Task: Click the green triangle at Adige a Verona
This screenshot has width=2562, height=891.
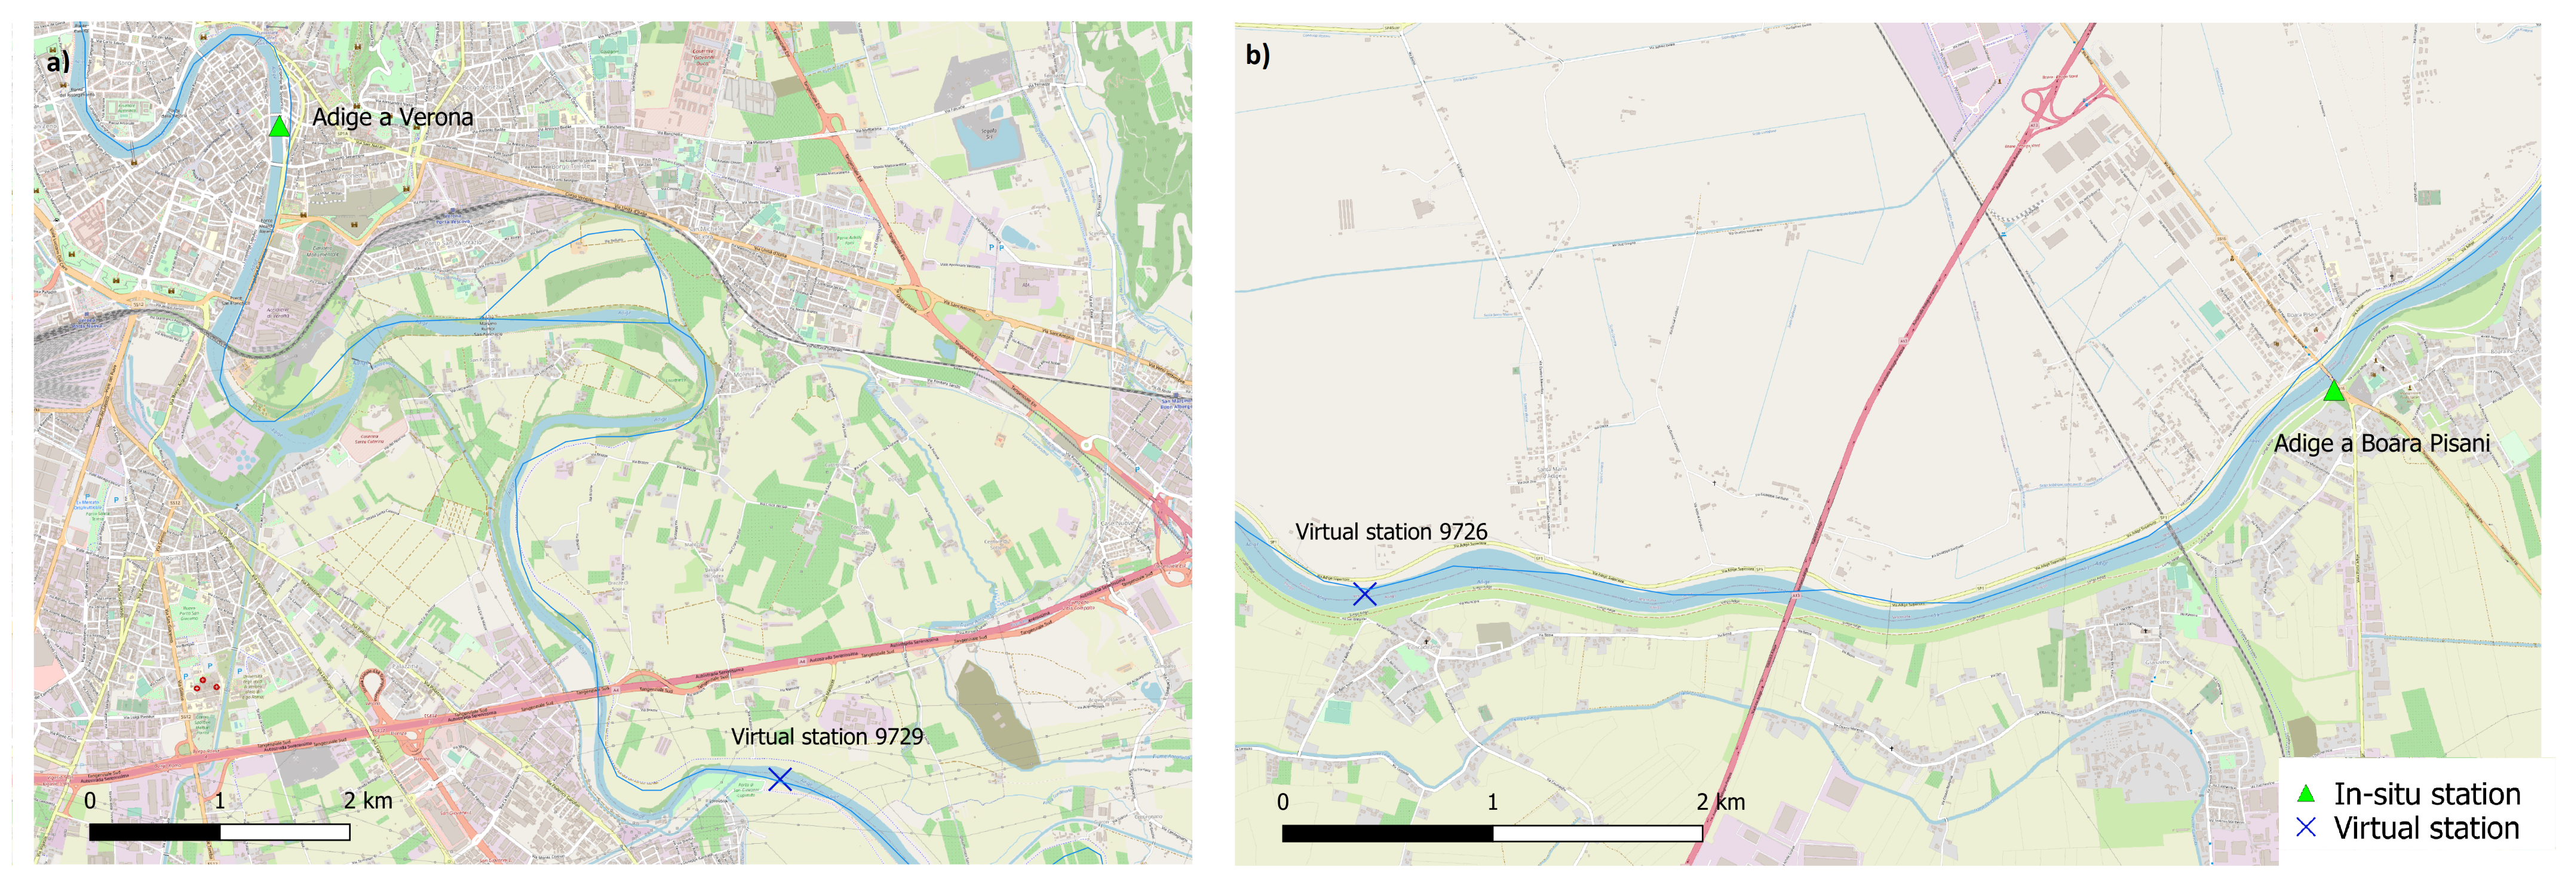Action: [280, 126]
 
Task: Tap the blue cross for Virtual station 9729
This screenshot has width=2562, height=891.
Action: [780, 779]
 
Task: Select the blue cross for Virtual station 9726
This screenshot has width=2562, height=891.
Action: [1364, 593]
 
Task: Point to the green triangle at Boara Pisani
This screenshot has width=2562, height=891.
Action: [2333, 392]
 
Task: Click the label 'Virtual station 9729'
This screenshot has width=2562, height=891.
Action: [827, 737]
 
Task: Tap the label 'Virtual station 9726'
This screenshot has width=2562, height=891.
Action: [1391, 532]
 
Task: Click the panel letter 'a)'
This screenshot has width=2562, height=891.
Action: [59, 62]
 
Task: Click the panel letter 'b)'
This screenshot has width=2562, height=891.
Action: [1258, 55]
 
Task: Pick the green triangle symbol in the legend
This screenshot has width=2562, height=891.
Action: [2305, 794]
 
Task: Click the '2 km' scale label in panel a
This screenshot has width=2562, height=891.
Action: [368, 801]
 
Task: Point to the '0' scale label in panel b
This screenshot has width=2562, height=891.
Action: [1283, 801]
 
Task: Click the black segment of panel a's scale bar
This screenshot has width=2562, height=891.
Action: [154, 831]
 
